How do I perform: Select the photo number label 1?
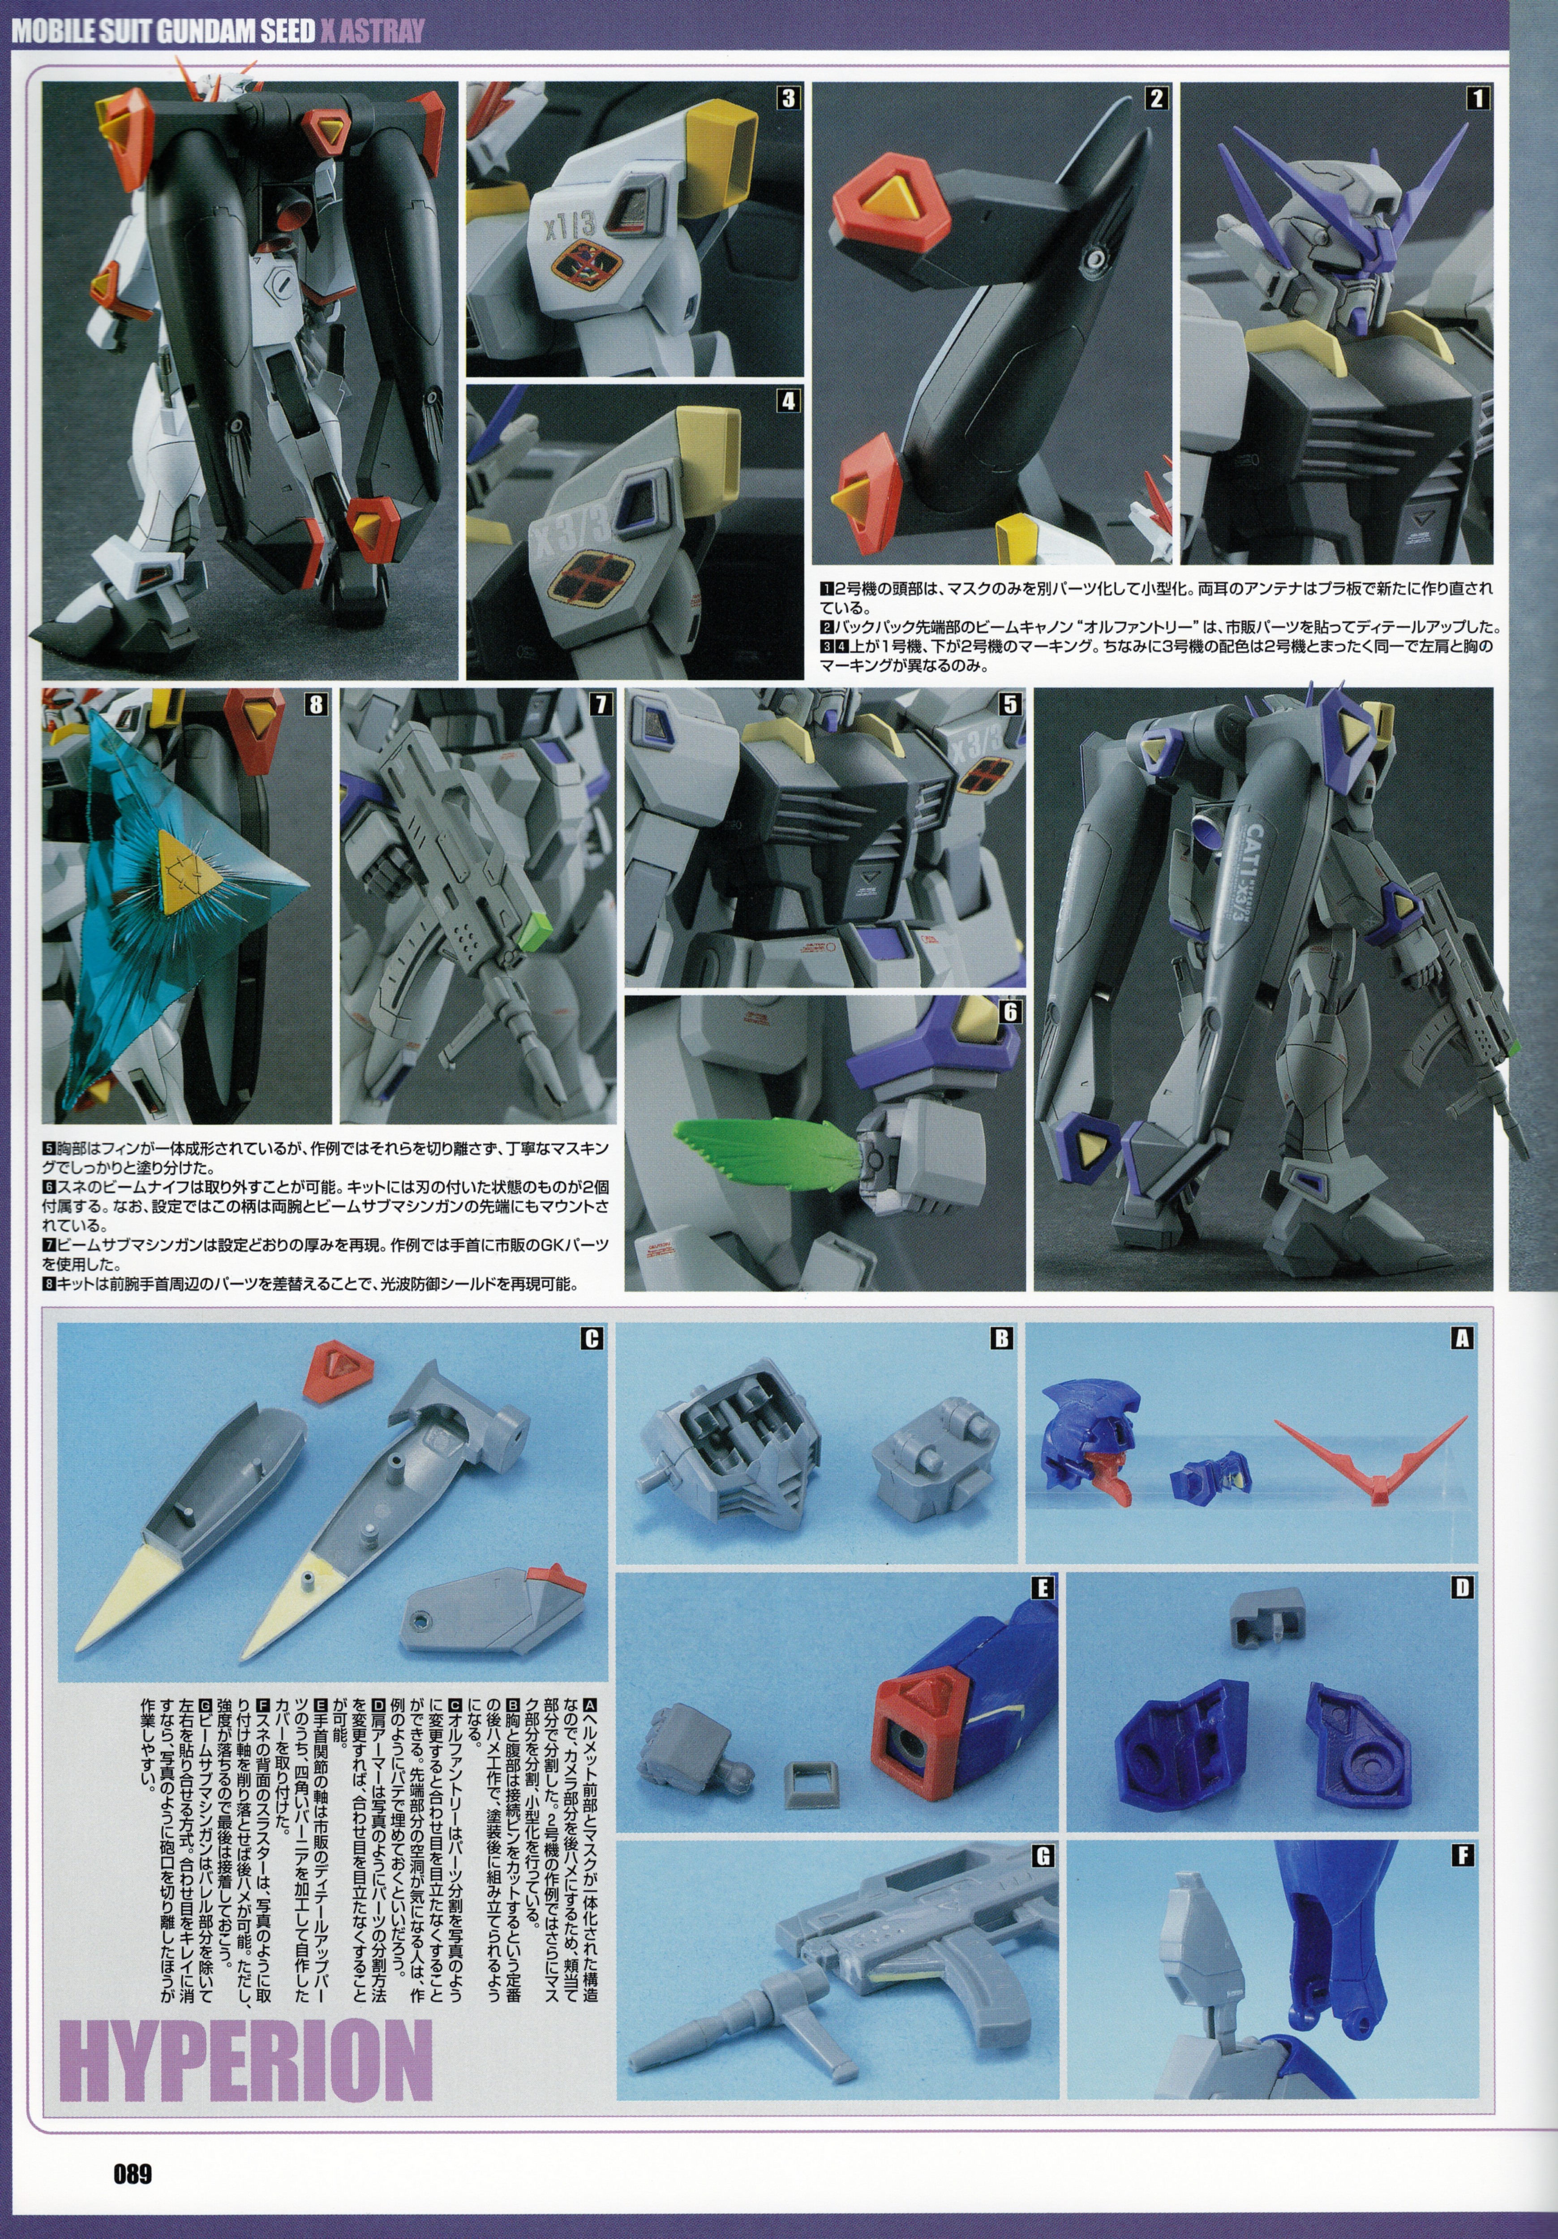(1478, 98)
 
